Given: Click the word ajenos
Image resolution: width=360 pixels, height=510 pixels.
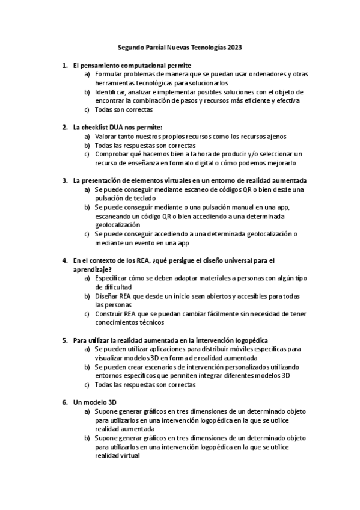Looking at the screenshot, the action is pos(273,137).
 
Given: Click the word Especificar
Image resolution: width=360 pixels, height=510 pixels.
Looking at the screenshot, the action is pos(117,278).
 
